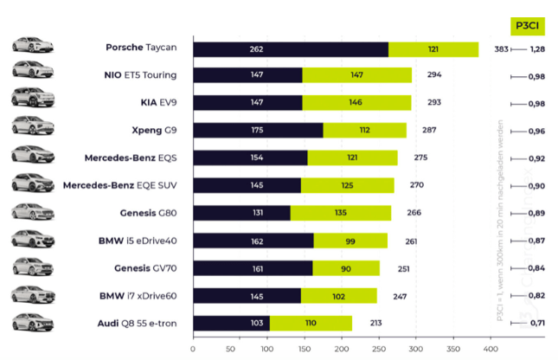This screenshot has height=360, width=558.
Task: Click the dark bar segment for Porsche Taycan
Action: point(290,49)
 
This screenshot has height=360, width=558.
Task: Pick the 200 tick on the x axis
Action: point(342,349)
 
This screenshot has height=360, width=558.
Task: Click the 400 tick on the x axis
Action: point(491,349)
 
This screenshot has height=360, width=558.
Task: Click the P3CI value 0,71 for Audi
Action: point(537,324)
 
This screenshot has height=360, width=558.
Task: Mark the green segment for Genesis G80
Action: point(341,213)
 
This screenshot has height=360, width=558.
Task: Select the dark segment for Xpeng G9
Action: point(258,131)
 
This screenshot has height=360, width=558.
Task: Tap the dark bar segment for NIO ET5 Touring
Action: point(247,75)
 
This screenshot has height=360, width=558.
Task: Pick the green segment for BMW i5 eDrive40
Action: point(350,241)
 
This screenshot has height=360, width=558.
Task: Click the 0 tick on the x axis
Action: point(193,349)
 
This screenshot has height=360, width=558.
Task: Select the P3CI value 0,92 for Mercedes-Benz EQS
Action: point(537,158)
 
